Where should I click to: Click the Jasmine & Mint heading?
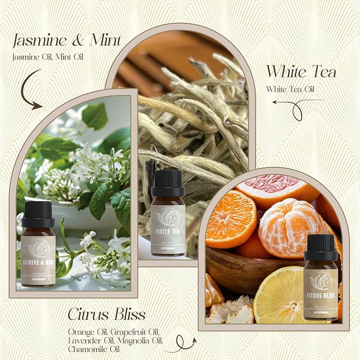coord(67,40)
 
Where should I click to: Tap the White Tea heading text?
coord(301,72)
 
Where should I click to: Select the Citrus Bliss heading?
coord(106,314)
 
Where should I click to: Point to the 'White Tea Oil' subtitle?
coord(290,89)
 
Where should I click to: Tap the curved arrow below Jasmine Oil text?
coord(31,93)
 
